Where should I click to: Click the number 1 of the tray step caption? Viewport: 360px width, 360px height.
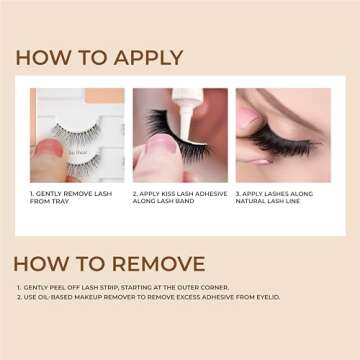[x=31, y=192]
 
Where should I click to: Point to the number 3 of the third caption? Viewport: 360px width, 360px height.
[x=238, y=192]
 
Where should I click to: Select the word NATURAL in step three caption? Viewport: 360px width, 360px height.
[x=255, y=201]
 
